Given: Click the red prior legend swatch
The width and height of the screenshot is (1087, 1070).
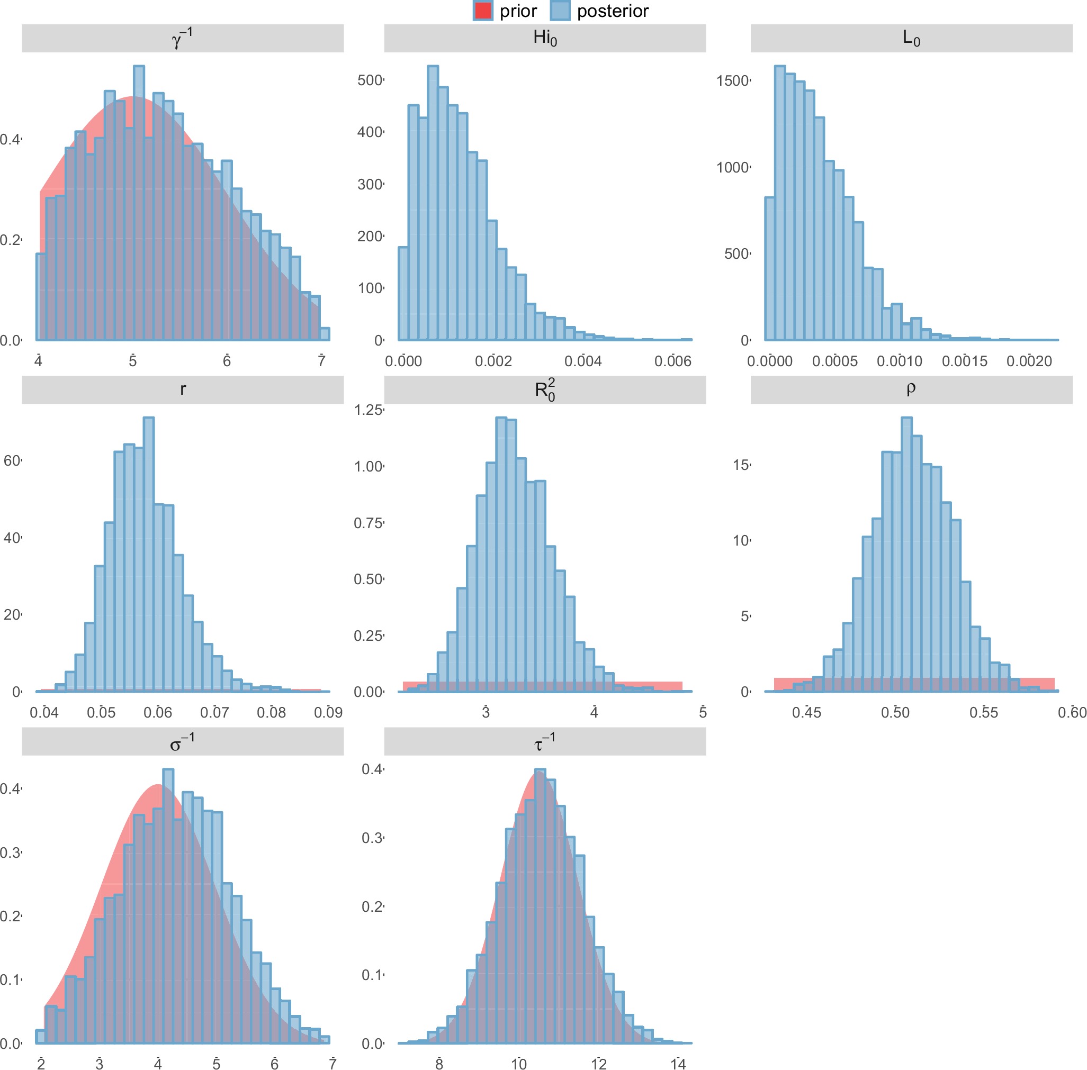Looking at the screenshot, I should pyautogui.click(x=482, y=11).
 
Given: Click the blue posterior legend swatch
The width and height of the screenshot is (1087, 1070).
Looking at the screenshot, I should pyautogui.click(x=560, y=11).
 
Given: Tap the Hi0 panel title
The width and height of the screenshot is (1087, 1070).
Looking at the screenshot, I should pyautogui.click(x=544, y=38).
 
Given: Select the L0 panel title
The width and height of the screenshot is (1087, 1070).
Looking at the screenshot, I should pyautogui.click(x=911, y=38).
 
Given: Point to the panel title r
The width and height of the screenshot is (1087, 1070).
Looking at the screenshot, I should pyautogui.click(x=183, y=389).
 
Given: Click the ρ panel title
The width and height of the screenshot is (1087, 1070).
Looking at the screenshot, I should pyautogui.click(x=911, y=389).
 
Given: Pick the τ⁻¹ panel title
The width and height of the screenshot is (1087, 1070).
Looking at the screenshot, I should pyautogui.click(x=544, y=742).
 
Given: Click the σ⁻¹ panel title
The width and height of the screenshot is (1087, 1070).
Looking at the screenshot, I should pyautogui.click(x=183, y=742).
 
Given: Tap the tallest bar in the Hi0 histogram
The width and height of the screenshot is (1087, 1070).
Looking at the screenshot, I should pyautogui.click(x=433, y=202).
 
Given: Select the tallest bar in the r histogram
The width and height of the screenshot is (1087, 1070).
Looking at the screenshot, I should pyautogui.click(x=148, y=554).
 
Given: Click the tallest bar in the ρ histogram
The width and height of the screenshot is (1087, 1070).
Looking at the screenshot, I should pyautogui.click(x=906, y=554).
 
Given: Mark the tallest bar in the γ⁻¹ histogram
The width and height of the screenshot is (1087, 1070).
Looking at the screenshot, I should pyautogui.click(x=138, y=202).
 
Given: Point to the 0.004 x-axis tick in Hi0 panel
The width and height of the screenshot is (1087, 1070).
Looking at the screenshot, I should pyautogui.click(x=582, y=361).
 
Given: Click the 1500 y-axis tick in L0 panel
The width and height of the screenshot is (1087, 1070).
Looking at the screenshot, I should pyautogui.click(x=733, y=81).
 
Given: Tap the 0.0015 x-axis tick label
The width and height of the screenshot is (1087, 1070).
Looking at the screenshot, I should pyautogui.click(x=964, y=361).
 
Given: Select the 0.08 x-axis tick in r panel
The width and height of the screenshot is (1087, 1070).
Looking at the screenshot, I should pyautogui.click(x=271, y=713).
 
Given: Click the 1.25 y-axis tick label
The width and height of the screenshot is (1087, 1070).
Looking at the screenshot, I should pyautogui.click(x=368, y=410).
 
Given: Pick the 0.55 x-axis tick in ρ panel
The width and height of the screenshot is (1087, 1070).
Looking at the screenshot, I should pyautogui.click(x=983, y=713).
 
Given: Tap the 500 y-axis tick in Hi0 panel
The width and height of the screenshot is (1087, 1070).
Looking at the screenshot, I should pyautogui.click(x=370, y=80).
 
